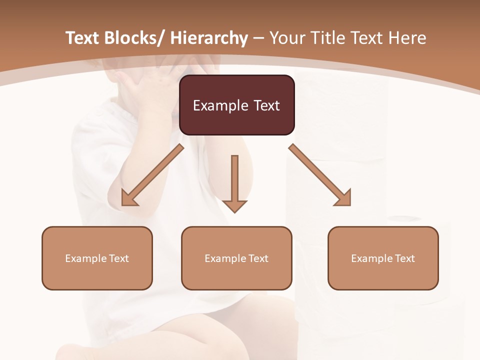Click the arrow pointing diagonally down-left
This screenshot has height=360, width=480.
pyautogui.click(x=153, y=175)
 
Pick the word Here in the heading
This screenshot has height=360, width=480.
pyautogui.click(x=408, y=38)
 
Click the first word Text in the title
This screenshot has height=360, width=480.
pyautogui.click(x=82, y=38)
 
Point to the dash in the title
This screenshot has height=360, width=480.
pyautogui.click(x=258, y=38)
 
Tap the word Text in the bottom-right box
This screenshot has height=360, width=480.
pyautogui.click(x=404, y=258)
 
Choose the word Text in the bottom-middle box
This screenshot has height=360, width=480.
pyautogui.click(x=258, y=258)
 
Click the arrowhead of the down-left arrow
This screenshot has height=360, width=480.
pyautogui.click(x=128, y=199)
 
